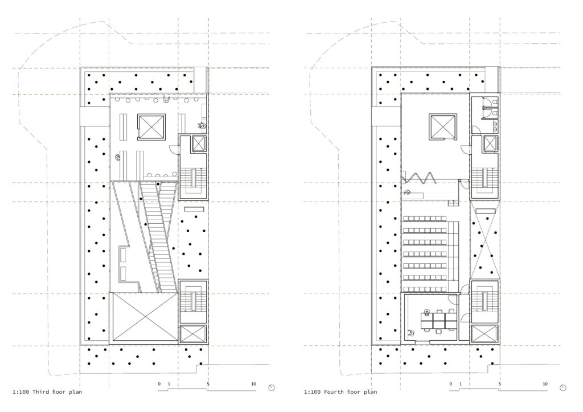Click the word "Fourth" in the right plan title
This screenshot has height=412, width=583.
[x=334, y=392]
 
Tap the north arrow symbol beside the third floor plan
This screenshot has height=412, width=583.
[x=272, y=388]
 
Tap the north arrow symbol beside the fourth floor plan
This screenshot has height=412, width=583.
[x=563, y=388]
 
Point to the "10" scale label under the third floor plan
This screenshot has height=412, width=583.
[x=253, y=384]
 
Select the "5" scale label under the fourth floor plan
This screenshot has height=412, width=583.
[x=500, y=384]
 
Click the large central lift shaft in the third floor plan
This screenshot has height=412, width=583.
[x=151, y=127]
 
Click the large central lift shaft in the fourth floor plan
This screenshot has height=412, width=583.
[x=443, y=127]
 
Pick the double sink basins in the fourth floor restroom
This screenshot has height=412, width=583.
[x=496, y=126]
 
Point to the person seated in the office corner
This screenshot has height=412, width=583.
[x=411, y=333]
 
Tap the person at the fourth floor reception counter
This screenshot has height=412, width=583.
[x=408, y=192]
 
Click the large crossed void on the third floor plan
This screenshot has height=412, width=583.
[x=145, y=316]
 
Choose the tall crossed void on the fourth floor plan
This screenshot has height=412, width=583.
[x=484, y=240]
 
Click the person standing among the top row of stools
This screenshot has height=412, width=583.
[x=167, y=99]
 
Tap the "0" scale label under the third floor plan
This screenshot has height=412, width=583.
[x=159, y=384]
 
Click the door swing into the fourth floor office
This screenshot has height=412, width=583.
[x=452, y=300]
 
